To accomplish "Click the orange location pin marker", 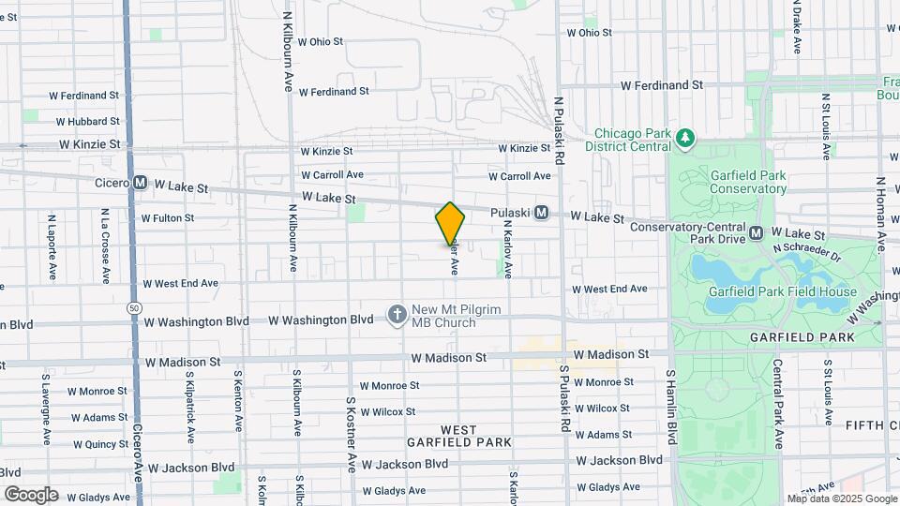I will (450, 224).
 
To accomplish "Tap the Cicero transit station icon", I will (140, 183).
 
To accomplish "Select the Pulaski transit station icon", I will (542, 213).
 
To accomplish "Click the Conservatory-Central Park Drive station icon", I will (757, 231).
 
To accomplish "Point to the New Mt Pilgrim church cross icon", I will (397, 314).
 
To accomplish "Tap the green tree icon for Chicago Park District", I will (686, 139).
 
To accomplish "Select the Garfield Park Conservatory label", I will (734, 181).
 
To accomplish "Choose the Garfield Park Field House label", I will (782, 291).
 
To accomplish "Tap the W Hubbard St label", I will (88, 122).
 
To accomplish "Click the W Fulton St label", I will (168, 218).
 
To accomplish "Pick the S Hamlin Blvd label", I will (670, 406).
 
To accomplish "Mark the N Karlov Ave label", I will (508, 248).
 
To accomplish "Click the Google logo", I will (31, 494).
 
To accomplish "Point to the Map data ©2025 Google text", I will (842, 499).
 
